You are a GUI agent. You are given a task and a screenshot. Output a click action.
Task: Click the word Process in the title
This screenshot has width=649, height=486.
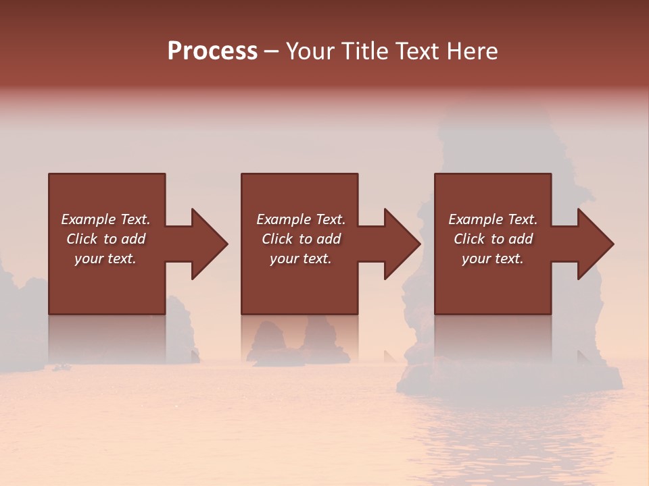tap(212, 51)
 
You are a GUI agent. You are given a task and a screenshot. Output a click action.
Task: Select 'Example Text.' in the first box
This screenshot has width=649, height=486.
tap(105, 219)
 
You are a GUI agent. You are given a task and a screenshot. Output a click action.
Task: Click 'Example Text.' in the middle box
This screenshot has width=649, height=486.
tap(300, 219)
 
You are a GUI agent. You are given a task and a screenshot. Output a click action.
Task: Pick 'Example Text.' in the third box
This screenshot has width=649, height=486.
tap(493, 219)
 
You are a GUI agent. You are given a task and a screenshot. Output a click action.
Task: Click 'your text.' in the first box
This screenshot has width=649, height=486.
tap(105, 259)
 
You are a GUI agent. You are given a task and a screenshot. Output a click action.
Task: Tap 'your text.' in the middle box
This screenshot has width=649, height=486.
tap(300, 259)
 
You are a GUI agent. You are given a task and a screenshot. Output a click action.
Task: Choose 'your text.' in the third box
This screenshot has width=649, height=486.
tap(493, 259)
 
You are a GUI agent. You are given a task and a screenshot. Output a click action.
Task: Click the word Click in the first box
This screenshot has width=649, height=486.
tap(82, 239)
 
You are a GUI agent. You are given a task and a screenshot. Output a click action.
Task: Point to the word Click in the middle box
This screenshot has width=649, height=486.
tap(277, 239)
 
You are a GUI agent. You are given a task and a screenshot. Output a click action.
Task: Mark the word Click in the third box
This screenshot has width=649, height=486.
tap(469, 239)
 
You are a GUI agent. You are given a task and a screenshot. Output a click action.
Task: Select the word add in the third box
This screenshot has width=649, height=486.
tap(521, 239)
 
